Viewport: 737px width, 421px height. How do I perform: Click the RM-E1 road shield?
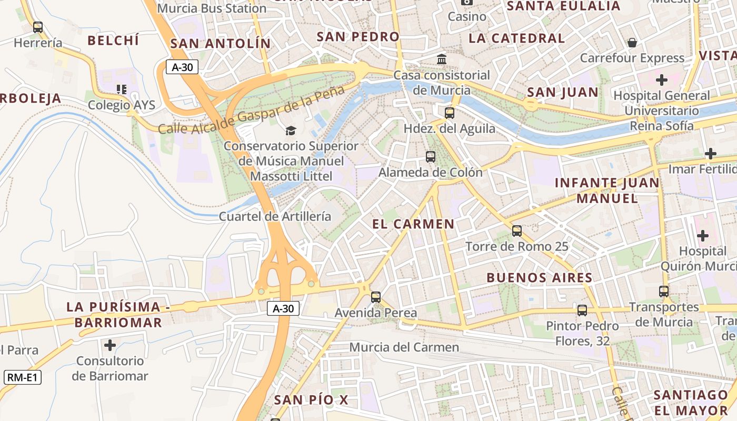pyautogui.click(x=23, y=377)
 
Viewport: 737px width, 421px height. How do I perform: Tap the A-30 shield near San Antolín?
pyautogui.click(x=182, y=67)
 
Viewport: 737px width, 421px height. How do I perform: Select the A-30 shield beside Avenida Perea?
pyautogui.click(x=283, y=308)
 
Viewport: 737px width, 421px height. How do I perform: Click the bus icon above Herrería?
pyautogui.click(x=37, y=27)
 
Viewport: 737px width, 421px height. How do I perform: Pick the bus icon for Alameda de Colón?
pyautogui.click(x=431, y=157)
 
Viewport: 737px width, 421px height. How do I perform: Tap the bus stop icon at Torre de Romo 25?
pyautogui.click(x=517, y=231)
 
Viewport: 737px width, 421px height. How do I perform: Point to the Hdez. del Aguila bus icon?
pyautogui.click(x=449, y=113)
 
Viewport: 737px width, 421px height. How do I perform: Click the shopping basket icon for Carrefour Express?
pyautogui.click(x=632, y=43)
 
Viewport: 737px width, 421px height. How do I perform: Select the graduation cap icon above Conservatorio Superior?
pyautogui.click(x=291, y=131)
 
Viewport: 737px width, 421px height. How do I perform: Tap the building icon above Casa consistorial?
pyautogui.click(x=442, y=59)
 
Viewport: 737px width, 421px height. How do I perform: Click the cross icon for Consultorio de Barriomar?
pyautogui.click(x=110, y=345)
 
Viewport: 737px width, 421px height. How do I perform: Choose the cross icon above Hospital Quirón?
pyautogui.click(x=703, y=235)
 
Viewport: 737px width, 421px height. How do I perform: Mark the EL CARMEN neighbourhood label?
pyautogui.click(x=413, y=224)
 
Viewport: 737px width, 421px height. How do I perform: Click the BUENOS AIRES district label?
pyautogui.click(x=539, y=278)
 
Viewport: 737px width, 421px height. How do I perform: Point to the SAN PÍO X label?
pyautogui.click(x=311, y=400)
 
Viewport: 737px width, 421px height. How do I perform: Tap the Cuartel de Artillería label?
pyautogui.click(x=275, y=216)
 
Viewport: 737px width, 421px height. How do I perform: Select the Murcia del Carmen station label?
pyautogui.click(x=404, y=347)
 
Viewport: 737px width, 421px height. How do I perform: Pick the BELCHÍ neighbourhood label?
pyautogui.click(x=113, y=41)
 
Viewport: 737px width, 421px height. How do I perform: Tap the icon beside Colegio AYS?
pyautogui.click(x=122, y=89)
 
